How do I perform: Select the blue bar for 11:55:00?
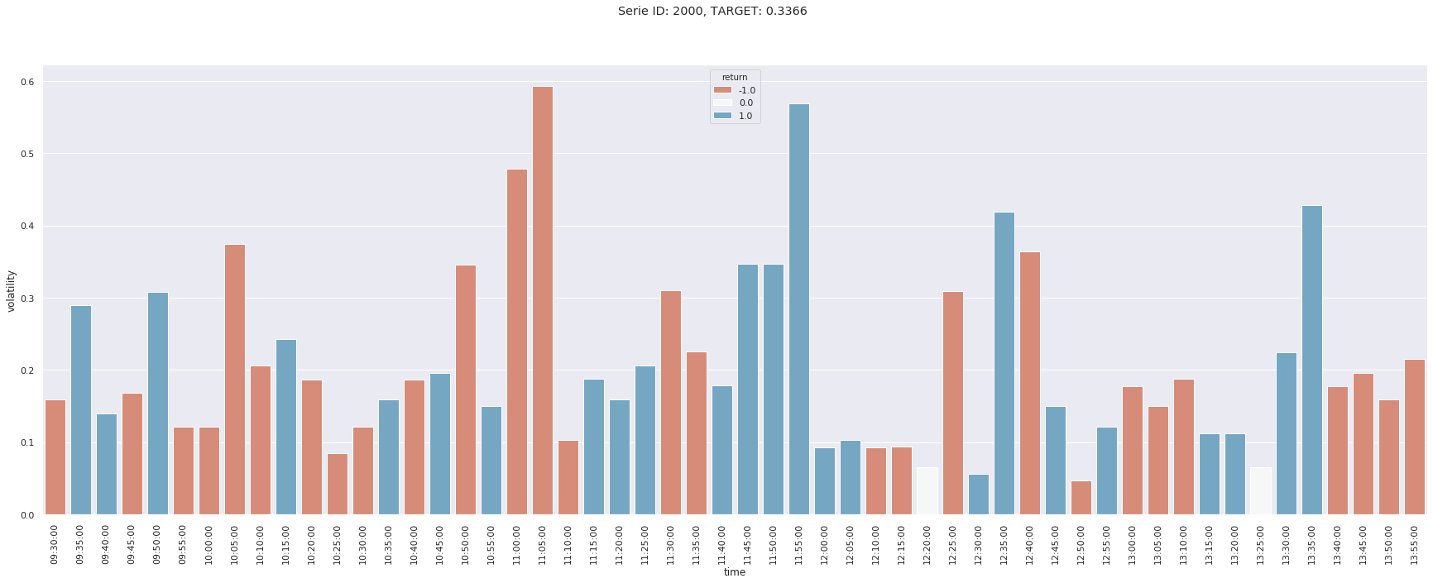(x=799, y=309)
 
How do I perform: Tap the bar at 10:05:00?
(x=235, y=380)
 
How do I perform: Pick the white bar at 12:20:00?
(x=927, y=491)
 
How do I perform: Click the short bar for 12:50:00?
(x=1081, y=498)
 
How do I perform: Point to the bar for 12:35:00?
(x=1004, y=363)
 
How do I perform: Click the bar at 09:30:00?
(x=55, y=457)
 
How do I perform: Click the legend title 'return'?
(x=735, y=78)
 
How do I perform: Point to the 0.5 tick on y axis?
(x=27, y=155)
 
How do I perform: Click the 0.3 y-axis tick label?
(x=27, y=299)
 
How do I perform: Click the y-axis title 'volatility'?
(x=12, y=290)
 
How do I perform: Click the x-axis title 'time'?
(x=735, y=572)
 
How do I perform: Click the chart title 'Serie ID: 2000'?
(x=712, y=12)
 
